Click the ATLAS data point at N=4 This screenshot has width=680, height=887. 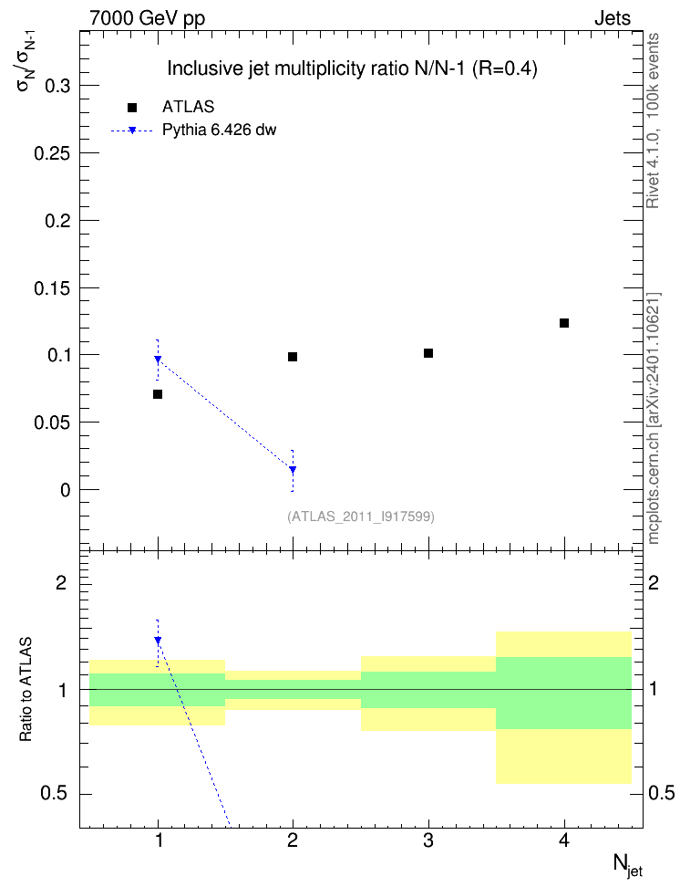[x=563, y=323]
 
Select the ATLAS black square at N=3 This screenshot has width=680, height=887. [x=428, y=353]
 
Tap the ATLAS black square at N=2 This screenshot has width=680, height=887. [x=293, y=357]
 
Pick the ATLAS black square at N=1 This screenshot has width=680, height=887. [x=158, y=393]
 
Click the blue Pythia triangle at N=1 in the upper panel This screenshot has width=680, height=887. [x=158, y=360]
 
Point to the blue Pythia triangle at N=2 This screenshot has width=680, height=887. [x=293, y=470]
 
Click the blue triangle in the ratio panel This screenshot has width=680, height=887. [x=158, y=641]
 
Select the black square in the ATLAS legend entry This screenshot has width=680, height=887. [x=132, y=108]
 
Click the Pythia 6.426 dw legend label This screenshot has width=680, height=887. [x=220, y=130]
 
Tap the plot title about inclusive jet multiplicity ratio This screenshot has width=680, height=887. [x=352, y=68]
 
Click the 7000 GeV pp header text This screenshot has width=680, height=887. [x=147, y=18]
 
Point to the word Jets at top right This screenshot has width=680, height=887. [x=613, y=18]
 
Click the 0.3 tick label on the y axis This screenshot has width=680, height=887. [x=57, y=86]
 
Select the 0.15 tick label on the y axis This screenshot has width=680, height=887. [x=53, y=288]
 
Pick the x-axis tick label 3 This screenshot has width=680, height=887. [x=428, y=840]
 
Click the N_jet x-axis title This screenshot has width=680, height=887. [x=628, y=865]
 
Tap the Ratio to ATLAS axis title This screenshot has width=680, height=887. [x=26, y=690]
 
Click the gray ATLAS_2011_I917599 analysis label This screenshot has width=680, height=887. [x=361, y=517]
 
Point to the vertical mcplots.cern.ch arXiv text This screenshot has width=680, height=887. [x=654, y=418]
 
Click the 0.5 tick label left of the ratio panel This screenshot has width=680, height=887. [x=54, y=794]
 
